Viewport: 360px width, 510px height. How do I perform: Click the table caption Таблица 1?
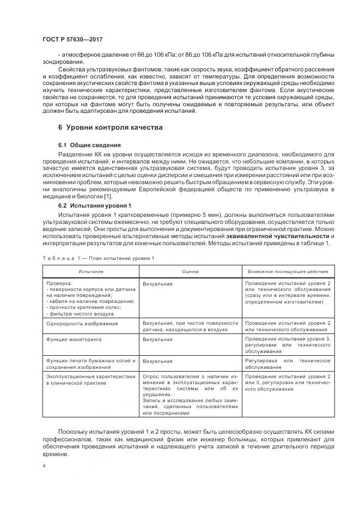click(x=97, y=258)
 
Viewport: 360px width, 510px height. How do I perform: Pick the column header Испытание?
click(x=90, y=271)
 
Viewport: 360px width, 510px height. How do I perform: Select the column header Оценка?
click(x=191, y=271)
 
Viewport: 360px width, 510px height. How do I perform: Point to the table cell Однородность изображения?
click(x=82, y=324)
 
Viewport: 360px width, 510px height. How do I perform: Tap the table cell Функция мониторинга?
click(x=74, y=339)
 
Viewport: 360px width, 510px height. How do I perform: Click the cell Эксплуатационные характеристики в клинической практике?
click(x=90, y=380)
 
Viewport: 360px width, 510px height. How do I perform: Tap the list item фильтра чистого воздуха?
click(x=82, y=313)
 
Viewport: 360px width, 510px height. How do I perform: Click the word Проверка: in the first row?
click(x=59, y=284)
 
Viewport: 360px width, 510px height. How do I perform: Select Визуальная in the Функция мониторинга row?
click(x=158, y=339)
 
